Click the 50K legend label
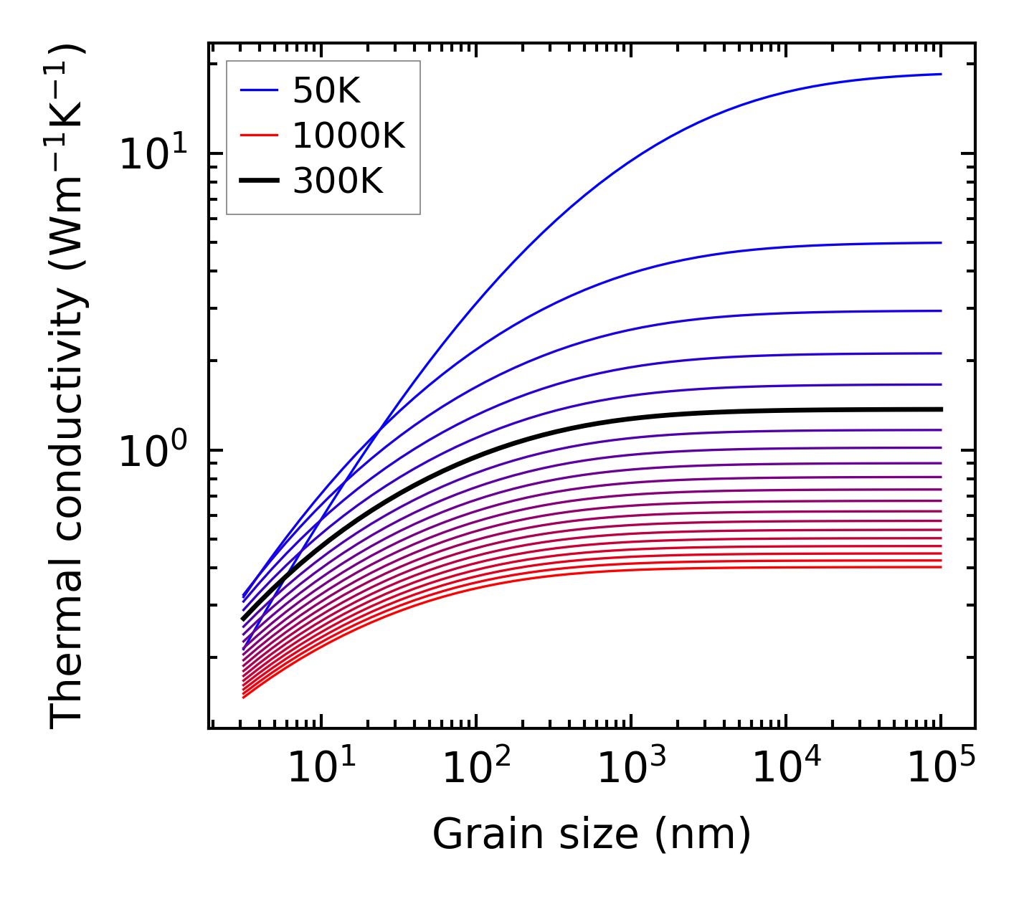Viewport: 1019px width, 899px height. point(326,91)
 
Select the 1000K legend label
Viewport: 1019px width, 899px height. point(349,136)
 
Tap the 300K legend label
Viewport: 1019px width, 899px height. point(338,181)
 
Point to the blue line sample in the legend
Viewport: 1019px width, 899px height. point(258,91)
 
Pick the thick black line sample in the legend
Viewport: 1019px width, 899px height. point(258,181)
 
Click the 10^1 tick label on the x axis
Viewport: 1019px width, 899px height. point(321,770)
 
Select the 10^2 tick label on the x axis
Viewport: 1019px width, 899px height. point(475,770)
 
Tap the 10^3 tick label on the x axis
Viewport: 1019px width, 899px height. point(631,770)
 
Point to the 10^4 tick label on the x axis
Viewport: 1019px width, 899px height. point(786,770)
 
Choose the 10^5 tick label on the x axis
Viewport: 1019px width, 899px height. point(941,770)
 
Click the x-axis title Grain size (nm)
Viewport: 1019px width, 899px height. point(592,834)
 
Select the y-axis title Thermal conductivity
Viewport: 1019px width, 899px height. point(68,387)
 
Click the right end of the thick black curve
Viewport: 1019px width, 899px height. point(940,409)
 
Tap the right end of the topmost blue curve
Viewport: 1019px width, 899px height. point(940,74)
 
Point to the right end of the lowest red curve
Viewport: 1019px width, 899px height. point(940,567)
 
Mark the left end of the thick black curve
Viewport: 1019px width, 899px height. point(243,619)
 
